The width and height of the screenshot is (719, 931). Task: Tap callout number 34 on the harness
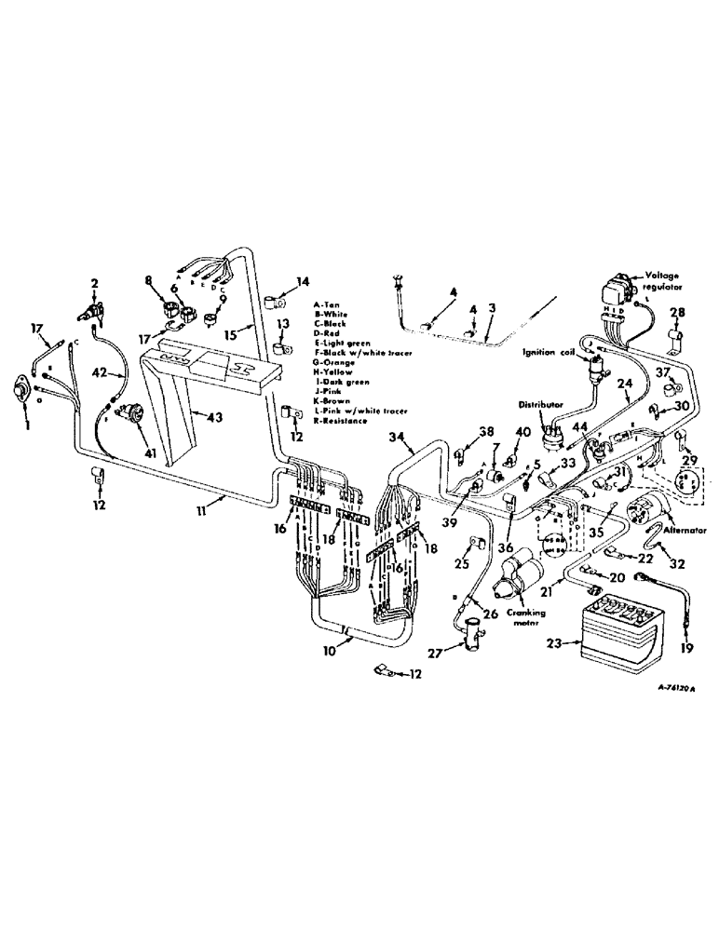click(x=395, y=437)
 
